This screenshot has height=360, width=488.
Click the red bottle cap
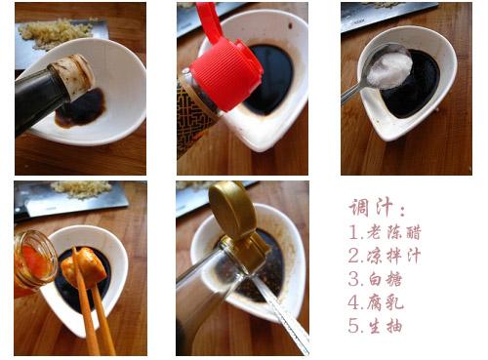click(225, 67)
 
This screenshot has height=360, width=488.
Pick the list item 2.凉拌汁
click(385, 257)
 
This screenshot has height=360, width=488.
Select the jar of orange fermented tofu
click(33, 259)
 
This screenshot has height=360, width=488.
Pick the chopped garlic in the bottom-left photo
click(81, 186)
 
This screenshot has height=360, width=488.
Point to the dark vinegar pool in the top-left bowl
click(82, 109)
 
